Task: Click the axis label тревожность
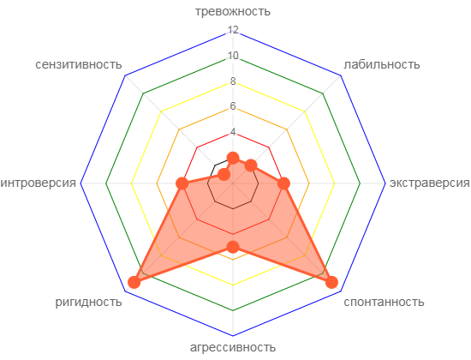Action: (233, 11)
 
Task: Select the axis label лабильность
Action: (382, 64)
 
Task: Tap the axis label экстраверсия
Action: (430, 183)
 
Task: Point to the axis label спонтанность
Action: (384, 302)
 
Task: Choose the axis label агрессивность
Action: (233, 347)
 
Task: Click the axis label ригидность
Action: (88, 302)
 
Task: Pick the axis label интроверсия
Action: (39, 183)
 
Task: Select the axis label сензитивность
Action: (79, 64)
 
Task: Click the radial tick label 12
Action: (233, 29)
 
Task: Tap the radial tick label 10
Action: (233, 56)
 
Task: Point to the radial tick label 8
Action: (233, 81)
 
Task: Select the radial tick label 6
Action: (233, 106)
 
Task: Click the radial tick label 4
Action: (233, 132)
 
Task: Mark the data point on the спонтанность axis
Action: (331, 282)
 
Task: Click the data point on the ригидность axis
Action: (134, 282)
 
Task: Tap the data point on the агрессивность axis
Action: (233, 247)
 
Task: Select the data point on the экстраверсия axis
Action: (283, 183)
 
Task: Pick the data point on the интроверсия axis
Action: (182, 183)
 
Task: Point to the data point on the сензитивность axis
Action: (224, 174)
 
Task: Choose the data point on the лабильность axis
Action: (251, 165)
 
